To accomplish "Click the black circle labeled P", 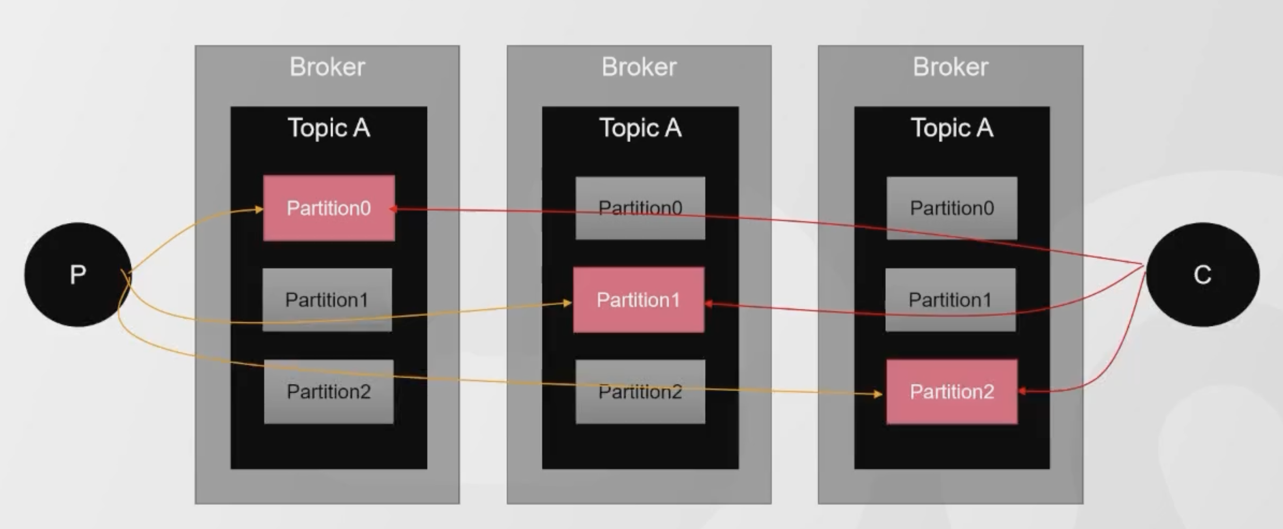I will coord(77,274).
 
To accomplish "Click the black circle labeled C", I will coord(1202,274).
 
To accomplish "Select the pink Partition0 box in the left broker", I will coord(329,207).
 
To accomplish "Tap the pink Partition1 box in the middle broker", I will coord(639,300).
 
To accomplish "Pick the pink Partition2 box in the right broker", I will coord(952,392).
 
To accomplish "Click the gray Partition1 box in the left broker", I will coord(327,300).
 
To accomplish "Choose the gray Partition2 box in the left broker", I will coord(329,392).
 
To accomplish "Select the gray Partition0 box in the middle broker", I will coord(640,207).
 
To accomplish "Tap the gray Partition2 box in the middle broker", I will coord(640,392).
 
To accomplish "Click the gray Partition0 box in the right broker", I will coord(952,207).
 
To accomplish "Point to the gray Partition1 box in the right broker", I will coord(950,300).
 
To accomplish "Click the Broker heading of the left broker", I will coord(327,67).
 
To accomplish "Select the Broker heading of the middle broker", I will coord(639,67).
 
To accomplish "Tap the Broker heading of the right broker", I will coord(950,67).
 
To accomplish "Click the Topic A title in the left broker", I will coord(329,128).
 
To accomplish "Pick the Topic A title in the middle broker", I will coord(640,128).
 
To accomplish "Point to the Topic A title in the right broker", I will coord(952,128).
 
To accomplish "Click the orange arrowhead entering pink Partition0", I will coord(258,210).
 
